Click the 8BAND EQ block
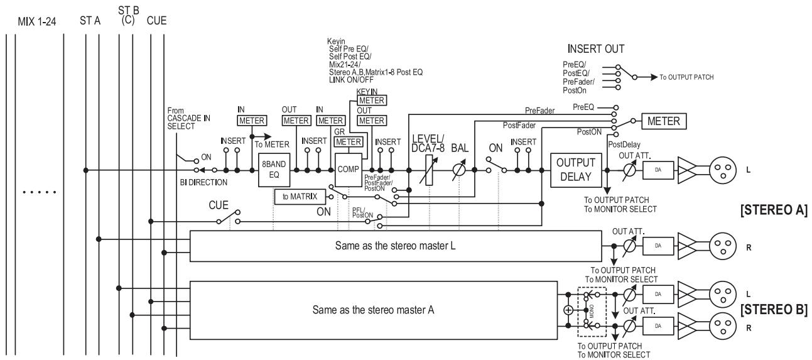pyautogui.click(x=274, y=170)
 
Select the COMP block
pyautogui.click(x=348, y=170)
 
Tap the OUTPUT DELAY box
pyautogui.click(x=576, y=170)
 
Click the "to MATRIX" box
pyautogui.click(x=300, y=197)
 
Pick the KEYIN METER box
pyautogui.click(x=372, y=101)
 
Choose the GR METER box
pyautogui.click(x=349, y=142)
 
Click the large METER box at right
pyautogui.click(x=664, y=121)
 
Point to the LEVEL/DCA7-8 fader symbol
pyautogui.click(x=429, y=170)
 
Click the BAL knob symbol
pyautogui.click(x=458, y=170)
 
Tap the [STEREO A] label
pyautogui.click(x=774, y=210)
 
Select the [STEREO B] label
pyautogui.click(x=774, y=310)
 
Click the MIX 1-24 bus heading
pyautogui.click(x=37, y=22)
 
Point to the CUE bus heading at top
pyautogui.click(x=156, y=21)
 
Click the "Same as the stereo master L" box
pyautogui.click(x=396, y=246)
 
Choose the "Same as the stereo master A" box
pyautogui.click(x=374, y=310)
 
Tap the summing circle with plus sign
pyautogui.click(x=568, y=310)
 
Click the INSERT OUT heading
pyautogui.click(x=595, y=49)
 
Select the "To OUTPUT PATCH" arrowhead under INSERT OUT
pyautogui.click(x=654, y=77)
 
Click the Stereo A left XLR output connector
pyautogui.click(x=723, y=170)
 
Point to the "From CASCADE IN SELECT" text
pyautogui.click(x=188, y=118)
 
